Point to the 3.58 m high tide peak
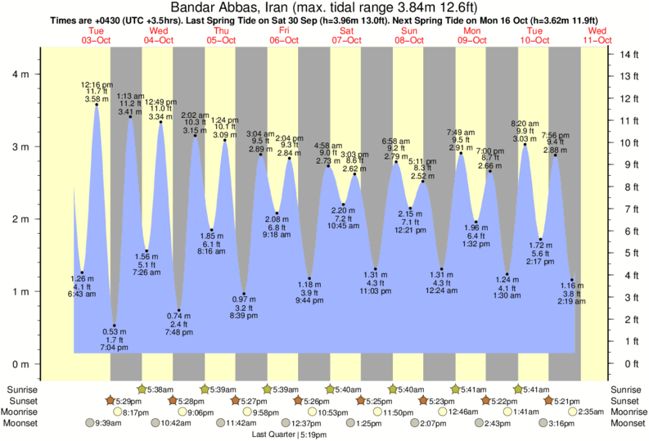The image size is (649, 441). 97,105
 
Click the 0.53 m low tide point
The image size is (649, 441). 114,325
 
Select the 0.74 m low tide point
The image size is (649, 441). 179,310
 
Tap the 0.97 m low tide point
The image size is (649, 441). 244,294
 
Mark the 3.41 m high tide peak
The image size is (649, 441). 129,117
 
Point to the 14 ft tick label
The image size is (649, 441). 627,55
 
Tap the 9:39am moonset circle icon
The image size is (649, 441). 91,423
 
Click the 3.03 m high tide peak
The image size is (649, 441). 525,144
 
